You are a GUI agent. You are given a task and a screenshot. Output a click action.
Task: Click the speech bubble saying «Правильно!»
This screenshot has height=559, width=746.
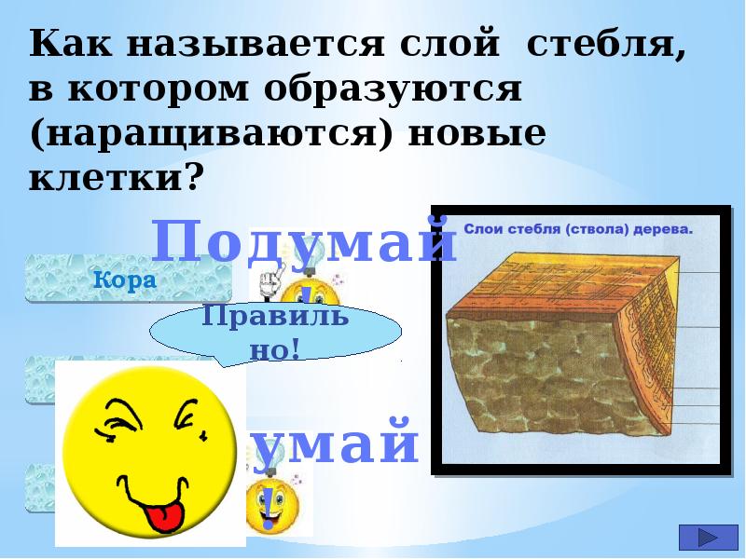tap(276, 332)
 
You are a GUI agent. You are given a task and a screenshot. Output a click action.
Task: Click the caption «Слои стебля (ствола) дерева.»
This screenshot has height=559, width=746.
tap(579, 226)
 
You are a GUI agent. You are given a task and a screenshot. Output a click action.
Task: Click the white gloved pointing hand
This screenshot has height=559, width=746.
tap(272, 279)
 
